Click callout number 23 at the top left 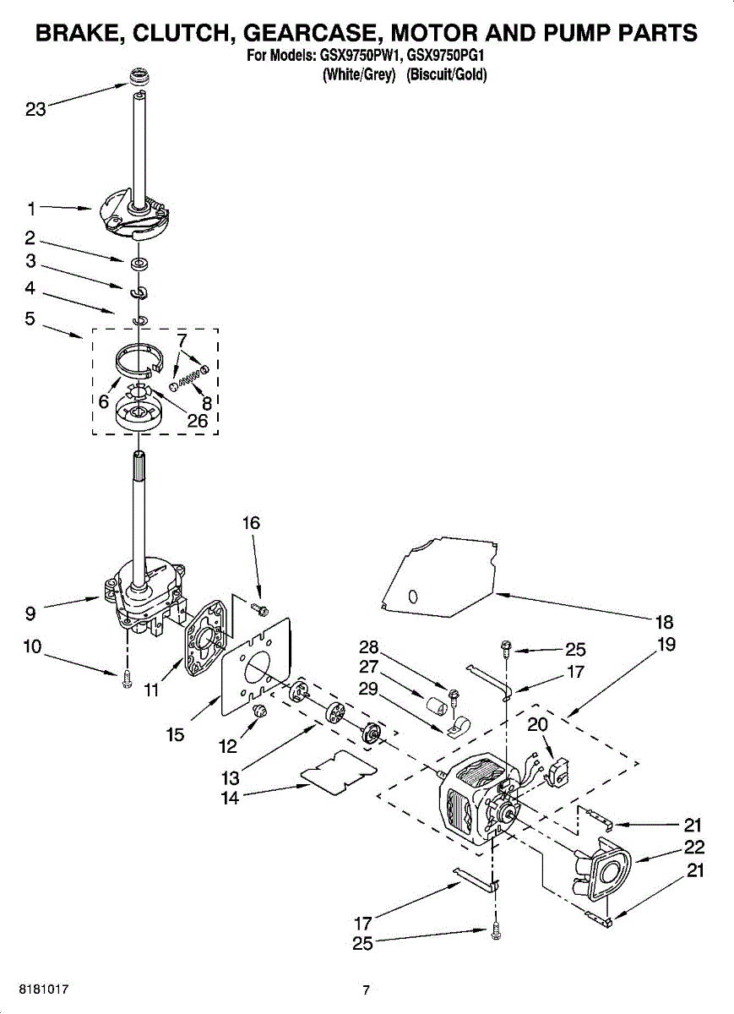pyautogui.click(x=35, y=110)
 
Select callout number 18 pyautogui.click(x=665, y=623)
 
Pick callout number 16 pyautogui.click(x=251, y=523)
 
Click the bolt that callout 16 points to pyautogui.click(x=261, y=608)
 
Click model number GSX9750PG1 pyautogui.click(x=449, y=57)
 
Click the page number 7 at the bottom pyautogui.click(x=366, y=990)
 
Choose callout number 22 pyautogui.click(x=694, y=848)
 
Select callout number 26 pyautogui.click(x=197, y=420)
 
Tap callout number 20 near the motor pyautogui.click(x=537, y=724)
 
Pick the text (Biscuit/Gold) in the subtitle pyautogui.click(x=447, y=74)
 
